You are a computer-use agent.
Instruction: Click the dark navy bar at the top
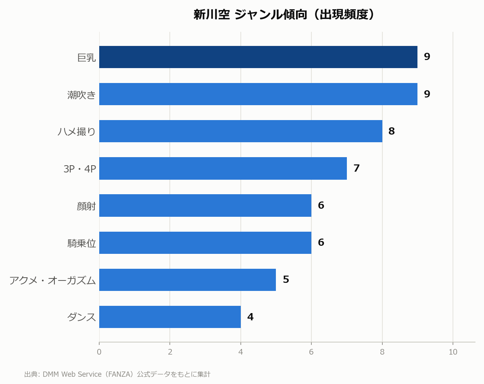click(258, 57)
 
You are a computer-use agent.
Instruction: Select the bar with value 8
click(241, 131)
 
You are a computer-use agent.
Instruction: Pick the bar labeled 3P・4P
click(223, 168)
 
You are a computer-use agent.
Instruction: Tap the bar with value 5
click(187, 280)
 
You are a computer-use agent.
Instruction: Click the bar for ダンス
click(170, 317)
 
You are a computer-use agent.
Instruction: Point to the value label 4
click(250, 317)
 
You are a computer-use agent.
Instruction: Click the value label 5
click(286, 280)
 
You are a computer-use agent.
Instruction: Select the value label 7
click(357, 168)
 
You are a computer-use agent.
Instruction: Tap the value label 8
click(392, 131)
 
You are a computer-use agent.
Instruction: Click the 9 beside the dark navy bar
click(427, 57)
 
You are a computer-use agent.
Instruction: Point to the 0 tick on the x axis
click(99, 352)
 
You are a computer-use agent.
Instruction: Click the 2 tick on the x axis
click(170, 352)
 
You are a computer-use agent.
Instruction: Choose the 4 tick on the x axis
click(241, 352)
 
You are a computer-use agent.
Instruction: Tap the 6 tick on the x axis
click(311, 352)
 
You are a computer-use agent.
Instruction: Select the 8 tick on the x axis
click(382, 352)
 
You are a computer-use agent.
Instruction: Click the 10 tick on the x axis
click(453, 352)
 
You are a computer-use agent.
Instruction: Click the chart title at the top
click(284, 15)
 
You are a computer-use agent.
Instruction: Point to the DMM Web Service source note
click(117, 374)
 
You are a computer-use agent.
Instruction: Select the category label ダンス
click(81, 317)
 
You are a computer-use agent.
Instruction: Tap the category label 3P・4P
click(80, 169)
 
